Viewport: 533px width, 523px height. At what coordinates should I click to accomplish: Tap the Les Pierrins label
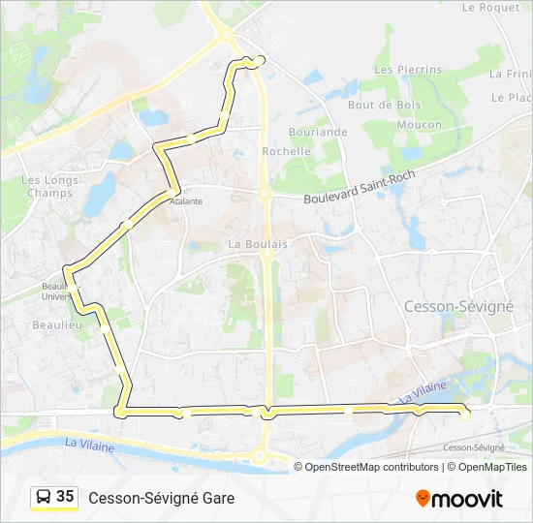pos(408,70)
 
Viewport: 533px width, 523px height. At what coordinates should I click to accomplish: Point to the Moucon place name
pos(419,125)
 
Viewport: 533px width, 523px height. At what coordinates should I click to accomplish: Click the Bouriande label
pos(318,132)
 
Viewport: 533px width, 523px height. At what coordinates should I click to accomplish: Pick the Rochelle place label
pos(287,151)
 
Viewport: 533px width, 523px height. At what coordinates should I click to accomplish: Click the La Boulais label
pos(258,245)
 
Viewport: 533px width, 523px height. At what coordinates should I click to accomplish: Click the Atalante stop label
pos(186,201)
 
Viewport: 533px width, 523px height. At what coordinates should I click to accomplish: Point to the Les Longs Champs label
pos(47,186)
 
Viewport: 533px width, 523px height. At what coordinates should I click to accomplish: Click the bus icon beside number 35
pos(44,497)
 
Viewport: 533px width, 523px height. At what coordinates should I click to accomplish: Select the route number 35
pos(65,497)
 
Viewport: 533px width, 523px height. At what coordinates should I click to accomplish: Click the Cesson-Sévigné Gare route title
pos(161,498)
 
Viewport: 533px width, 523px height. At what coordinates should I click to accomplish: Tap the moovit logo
pos(459,499)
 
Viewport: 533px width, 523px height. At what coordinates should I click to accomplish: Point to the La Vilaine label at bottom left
pos(89,445)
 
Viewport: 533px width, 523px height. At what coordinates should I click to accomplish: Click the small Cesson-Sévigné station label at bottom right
pos(474,447)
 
